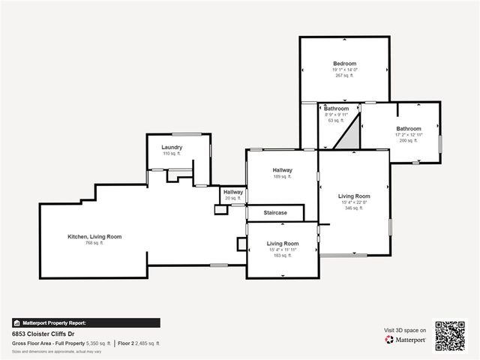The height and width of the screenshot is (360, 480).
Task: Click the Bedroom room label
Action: point(344,64)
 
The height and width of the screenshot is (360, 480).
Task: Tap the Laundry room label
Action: point(172,147)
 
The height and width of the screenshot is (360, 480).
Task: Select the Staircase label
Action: point(275,213)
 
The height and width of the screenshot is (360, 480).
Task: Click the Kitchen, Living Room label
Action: point(94,236)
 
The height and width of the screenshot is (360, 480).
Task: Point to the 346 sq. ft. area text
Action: point(353,208)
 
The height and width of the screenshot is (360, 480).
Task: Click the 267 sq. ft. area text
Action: point(344,76)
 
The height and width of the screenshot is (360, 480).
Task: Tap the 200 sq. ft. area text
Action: point(409,140)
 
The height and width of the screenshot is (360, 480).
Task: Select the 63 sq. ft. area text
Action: point(336,120)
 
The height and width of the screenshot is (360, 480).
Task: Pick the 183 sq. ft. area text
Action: point(283,256)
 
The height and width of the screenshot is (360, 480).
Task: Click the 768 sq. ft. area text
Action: point(94,243)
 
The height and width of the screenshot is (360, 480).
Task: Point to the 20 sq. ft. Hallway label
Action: point(233,193)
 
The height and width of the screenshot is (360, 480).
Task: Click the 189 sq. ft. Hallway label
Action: point(282,170)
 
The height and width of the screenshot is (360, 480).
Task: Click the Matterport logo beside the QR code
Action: point(406,340)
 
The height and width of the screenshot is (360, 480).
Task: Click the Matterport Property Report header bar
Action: point(85,322)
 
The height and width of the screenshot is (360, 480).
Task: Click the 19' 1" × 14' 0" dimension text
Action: point(344,70)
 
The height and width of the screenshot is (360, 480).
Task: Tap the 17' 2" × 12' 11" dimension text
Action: point(409,134)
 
